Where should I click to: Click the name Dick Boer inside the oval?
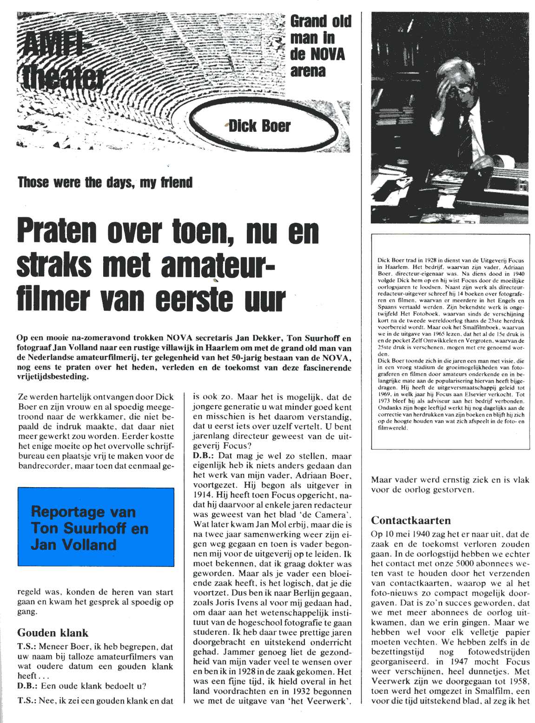click(x=259, y=126)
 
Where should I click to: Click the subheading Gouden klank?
click(x=53, y=632)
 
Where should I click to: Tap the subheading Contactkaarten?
click(x=411, y=520)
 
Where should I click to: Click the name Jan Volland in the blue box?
click(x=73, y=544)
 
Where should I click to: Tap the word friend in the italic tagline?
click(x=177, y=182)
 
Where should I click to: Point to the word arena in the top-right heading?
click(x=308, y=71)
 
